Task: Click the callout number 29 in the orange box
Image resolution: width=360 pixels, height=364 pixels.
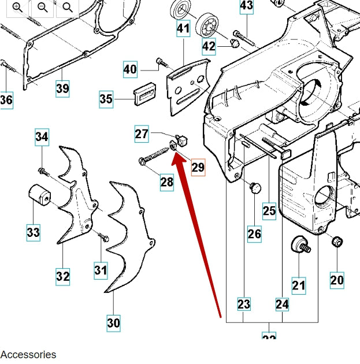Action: click(x=198, y=167)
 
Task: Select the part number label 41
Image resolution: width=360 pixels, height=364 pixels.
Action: click(x=183, y=28)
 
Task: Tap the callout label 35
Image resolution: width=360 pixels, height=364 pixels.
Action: click(x=106, y=99)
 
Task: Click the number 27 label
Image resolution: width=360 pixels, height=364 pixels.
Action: click(x=142, y=134)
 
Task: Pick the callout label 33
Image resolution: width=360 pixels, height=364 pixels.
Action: click(x=33, y=232)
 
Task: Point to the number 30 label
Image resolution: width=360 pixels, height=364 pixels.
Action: click(x=113, y=322)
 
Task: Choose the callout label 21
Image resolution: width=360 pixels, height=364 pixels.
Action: click(x=298, y=284)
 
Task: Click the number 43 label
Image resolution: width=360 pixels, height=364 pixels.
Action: click(x=246, y=6)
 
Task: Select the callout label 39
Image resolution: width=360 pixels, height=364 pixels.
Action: click(x=62, y=88)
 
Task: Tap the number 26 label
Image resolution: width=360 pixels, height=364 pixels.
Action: click(x=254, y=233)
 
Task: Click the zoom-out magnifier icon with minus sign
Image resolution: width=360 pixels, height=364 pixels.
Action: click(x=43, y=7)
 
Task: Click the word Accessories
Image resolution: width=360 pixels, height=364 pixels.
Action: click(x=28, y=354)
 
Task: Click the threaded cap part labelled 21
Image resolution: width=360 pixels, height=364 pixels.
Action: click(x=299, y=244)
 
